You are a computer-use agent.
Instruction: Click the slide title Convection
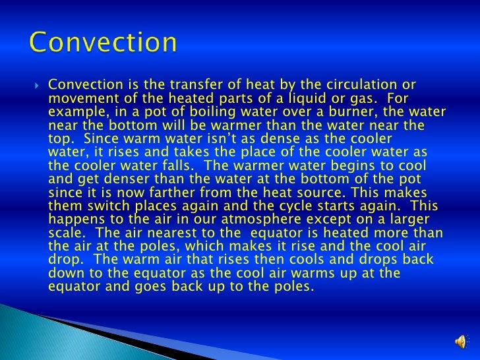pyautogui.click(x=104, y=44)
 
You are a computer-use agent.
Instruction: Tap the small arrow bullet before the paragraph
pyautogui.click(x=37, y=85)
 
